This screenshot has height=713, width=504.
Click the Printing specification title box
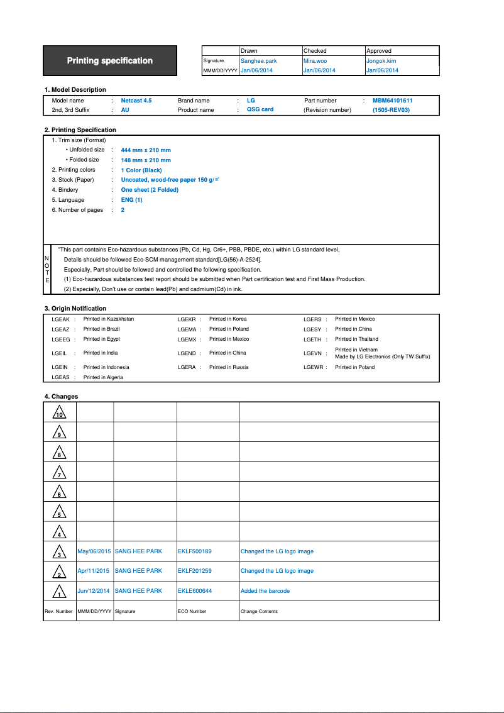point(110,61)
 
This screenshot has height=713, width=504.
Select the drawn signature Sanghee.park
point(258,61)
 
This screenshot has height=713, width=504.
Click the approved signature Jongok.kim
point(381,61)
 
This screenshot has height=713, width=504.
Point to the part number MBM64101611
point(392,101)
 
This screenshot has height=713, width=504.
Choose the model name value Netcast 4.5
point(136,101)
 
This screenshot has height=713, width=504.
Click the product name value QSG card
point(260,109)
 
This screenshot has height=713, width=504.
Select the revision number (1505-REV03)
point(391,110)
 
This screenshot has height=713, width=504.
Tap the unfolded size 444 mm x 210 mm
point(146,150)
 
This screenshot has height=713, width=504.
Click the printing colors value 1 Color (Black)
point(141,170)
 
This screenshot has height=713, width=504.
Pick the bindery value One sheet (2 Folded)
point(150,190)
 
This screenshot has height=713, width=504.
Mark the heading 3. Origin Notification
point(75,309)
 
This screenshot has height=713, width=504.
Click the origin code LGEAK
point(60,319)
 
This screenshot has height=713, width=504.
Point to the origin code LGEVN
point(312,353)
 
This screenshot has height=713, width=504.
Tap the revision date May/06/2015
point(94,551)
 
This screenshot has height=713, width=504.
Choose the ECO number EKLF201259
point(195,571)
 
